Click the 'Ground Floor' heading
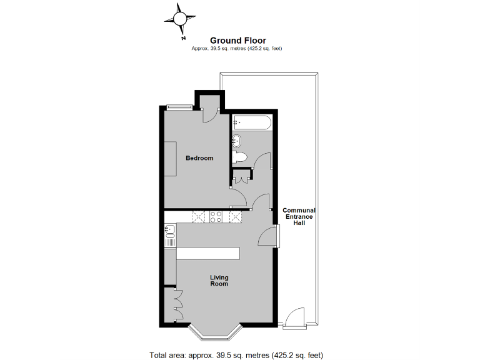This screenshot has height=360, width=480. pyautogui.click(x=237, y=40)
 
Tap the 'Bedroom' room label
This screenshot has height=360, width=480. pyautogui.click(x=199, y=158)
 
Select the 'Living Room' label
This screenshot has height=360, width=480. pyautogui.click(x=219, y=281)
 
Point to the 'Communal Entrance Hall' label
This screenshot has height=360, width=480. pyautogui.click(x=299, y=216)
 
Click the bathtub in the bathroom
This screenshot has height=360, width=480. pyautogui.click(x=252, y=122)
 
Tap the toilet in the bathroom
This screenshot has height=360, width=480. pyautogui.click(x=241, y=156)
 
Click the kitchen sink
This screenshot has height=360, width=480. pyautogui.click(x=169, y=232)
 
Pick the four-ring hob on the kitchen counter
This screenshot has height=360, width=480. pyautogui.click(x=216, y=217)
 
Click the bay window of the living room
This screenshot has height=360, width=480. pyautogui.click(x=215, y=333)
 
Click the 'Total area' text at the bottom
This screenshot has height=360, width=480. pyautogui.click(x=236, y=355)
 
